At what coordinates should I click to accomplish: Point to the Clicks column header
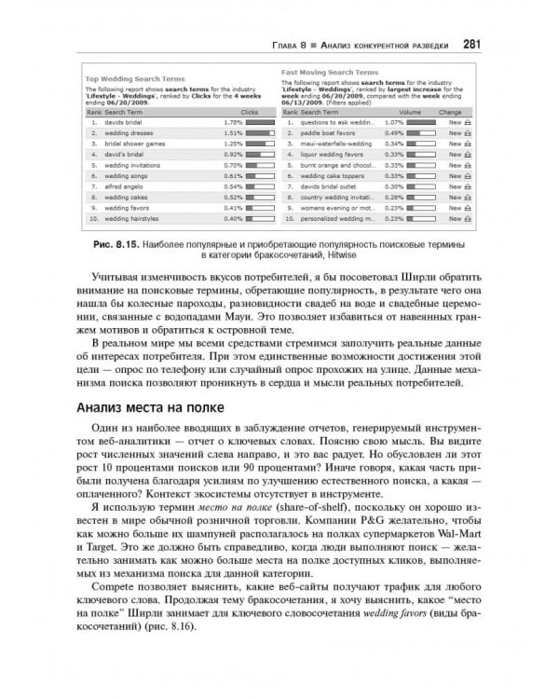click(x=249, y=111)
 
